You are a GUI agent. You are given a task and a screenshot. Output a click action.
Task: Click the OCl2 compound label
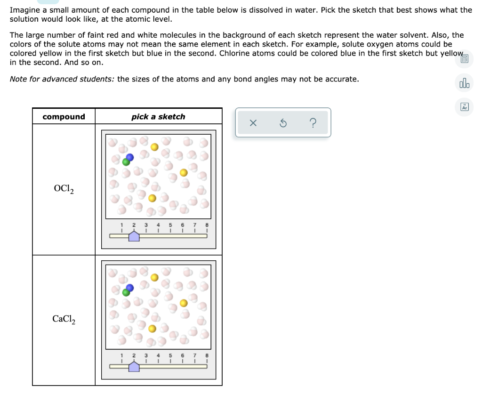[x=64, y=189]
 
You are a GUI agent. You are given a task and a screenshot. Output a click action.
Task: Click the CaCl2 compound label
[x=64, y=319]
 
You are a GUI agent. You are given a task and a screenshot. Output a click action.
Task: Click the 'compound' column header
[x=64, y=117]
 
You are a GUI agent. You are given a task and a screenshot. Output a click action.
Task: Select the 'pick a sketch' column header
[x=158, y=117]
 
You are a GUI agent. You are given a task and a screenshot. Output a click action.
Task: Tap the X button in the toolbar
[x=253, y=123]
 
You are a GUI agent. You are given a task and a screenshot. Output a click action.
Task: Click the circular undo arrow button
[x=283, y=123]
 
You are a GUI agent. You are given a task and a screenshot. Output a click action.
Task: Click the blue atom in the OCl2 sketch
[x=130, y=157]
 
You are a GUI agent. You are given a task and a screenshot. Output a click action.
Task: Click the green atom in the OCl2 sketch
[x=126, y=162]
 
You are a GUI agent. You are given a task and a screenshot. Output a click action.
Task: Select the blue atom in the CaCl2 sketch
[x=130, y=287]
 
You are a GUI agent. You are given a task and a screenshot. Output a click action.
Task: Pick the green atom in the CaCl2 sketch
[x=126, y=292]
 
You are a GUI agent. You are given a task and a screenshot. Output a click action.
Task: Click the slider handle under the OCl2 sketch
[x=134, y=236]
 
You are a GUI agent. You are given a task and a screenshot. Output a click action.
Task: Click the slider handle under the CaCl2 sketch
[x=134, y=366]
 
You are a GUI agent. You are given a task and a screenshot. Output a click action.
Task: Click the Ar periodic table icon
[x=465, y=107]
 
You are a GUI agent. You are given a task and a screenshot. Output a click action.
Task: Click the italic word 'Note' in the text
[x=18, y=79]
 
